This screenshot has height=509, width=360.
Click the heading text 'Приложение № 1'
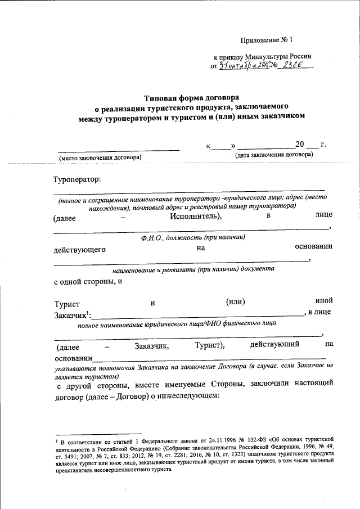pos(267,40)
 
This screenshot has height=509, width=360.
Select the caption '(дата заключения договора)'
pos(274,154)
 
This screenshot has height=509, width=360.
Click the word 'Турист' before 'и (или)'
pos(67,304)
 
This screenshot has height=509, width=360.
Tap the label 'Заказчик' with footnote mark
pos(70,314)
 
